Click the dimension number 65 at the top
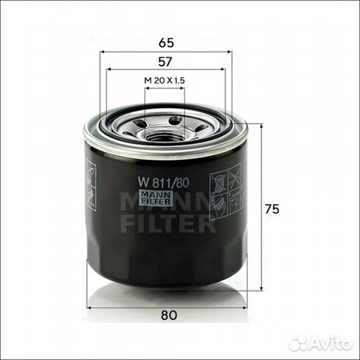click(x=166, y=43)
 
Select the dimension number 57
click(x=165, y=62)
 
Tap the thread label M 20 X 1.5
click(x=165, y=81)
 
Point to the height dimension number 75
click(x=272, y=209)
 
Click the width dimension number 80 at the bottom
click(x=169, y=315)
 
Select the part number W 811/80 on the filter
click(x=163, y=183)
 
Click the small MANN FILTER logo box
click(x=156, y=198)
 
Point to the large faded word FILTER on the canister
click(x=168, y=223)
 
